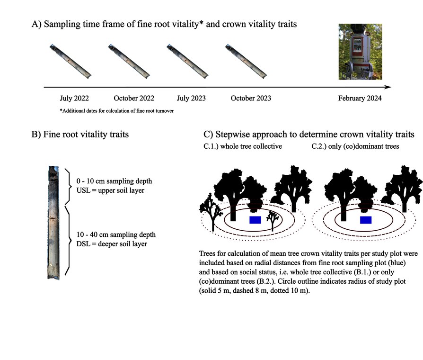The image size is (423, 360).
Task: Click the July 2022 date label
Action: [x=74, y=99]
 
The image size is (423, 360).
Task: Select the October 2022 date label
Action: [x=134, y=99]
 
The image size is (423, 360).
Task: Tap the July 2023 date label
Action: [x=191, y=99]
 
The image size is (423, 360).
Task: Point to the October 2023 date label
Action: [x=251, y=99]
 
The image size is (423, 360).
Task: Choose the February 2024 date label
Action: [x=360, y=99]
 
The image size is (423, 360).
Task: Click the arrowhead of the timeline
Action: [x=388, y=87]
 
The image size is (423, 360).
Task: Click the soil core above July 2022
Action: [x=70, y=61]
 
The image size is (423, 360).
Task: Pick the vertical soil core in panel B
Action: [x=53, y=222]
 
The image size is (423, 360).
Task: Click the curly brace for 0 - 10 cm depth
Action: [x=68, y=185]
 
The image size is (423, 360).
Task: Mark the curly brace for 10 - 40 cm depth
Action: [x=68, y=240]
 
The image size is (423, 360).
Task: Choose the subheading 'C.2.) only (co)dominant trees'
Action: [x=355, y=147]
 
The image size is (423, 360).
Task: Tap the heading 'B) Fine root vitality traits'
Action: [x=80, y=135]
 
